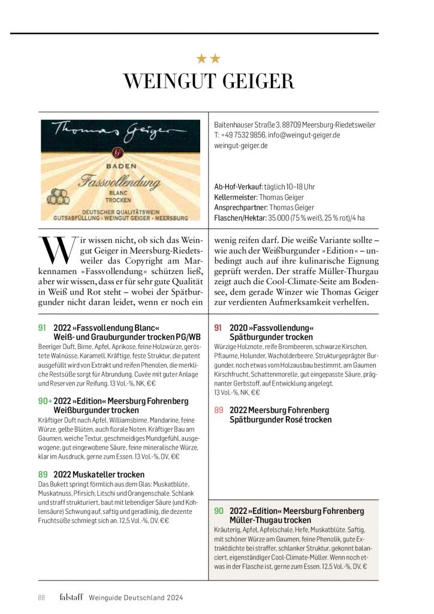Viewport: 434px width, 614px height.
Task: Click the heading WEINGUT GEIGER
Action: (x=209, y=82)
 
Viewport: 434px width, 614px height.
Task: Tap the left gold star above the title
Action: (x=202, y=59)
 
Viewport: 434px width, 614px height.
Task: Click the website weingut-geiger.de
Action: (x=241, y=145)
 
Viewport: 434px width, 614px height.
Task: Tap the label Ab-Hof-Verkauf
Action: (x=237, y=186)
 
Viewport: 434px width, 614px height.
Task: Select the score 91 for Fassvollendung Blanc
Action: (x=42, y=328)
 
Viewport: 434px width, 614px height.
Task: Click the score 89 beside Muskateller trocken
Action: (x=43, y=474)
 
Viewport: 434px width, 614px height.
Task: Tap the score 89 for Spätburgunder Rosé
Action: (x=218, y=410)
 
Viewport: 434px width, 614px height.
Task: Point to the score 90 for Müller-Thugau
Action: (x=219, y=511)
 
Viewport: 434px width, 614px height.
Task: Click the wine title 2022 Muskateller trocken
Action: (x=99, y=474)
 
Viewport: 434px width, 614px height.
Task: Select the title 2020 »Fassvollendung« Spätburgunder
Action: (x=272, y=333)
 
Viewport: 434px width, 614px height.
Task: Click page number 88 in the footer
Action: (x=41, y=597)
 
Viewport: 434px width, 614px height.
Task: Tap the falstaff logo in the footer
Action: (x=71, y=597)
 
